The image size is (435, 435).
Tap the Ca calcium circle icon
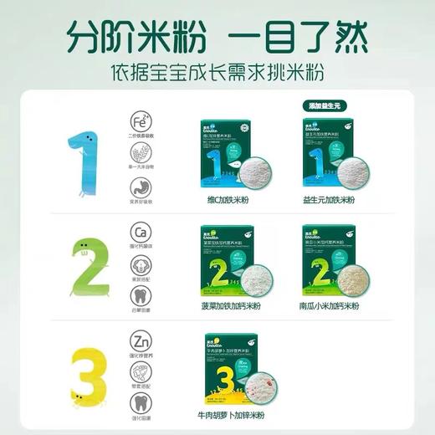tap(141, 231)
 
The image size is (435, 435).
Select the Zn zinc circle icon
tap(141, 342)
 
